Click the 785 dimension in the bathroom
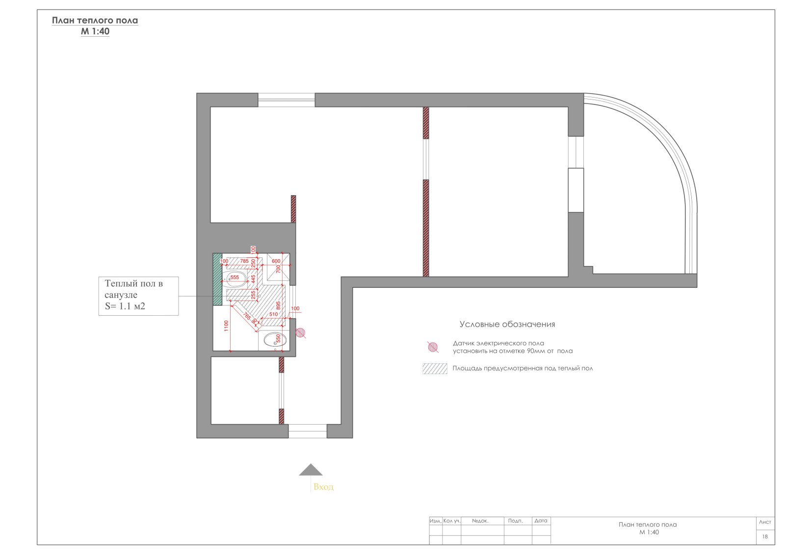pyautogui.click(x=244, y=261)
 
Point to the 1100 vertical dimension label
pyautogui.click(x=226, y=326)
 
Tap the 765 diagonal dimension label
pyautogui.click(x=247, y=316)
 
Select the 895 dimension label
pyautogui.click(x=278, y=305)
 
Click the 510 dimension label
pyautogui.click(x=273, y=314)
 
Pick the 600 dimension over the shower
pyautogui.click(x=276, y=261)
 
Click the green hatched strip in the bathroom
pyautogui.click(x=217, y=279)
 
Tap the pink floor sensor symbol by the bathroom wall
pyautogui.click(x=300, y=333)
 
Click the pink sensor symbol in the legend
pyautogui.click(x=433, y=347)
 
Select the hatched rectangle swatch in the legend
pyautogui.click(x=435, y=369)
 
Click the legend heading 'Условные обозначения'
pyautogui.click(x=507, y=324)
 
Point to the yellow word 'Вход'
pyautogui.click(x=323, y=487)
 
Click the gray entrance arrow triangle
pyautogui.click(x=311, y=470)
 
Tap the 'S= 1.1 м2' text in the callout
pyautogui.click(x=125, y=306)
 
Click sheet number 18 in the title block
pyautogui.click(x=765, y=536)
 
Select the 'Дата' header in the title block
pyautogui.click(x=541, y=521)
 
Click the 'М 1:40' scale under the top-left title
pyautogui.click(x=95, y=31)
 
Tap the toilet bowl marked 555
pyautogui.click(x=234, y=279)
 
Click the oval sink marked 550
pyautogui.click(x=275, y=340)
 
